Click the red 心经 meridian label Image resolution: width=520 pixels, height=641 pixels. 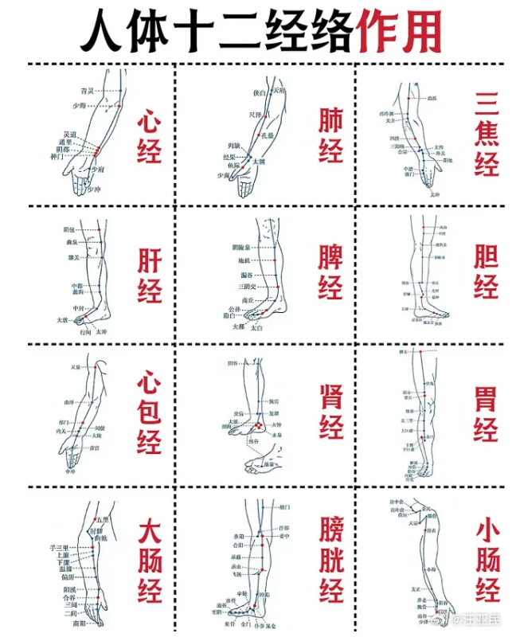click(149, 137)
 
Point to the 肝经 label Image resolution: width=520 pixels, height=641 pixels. click(149, 276)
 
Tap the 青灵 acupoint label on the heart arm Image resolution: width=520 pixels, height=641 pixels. click(88, 92)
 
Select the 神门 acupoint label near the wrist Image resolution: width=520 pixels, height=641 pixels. click(56, 157)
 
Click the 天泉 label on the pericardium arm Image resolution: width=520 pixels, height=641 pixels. click(76, 367)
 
